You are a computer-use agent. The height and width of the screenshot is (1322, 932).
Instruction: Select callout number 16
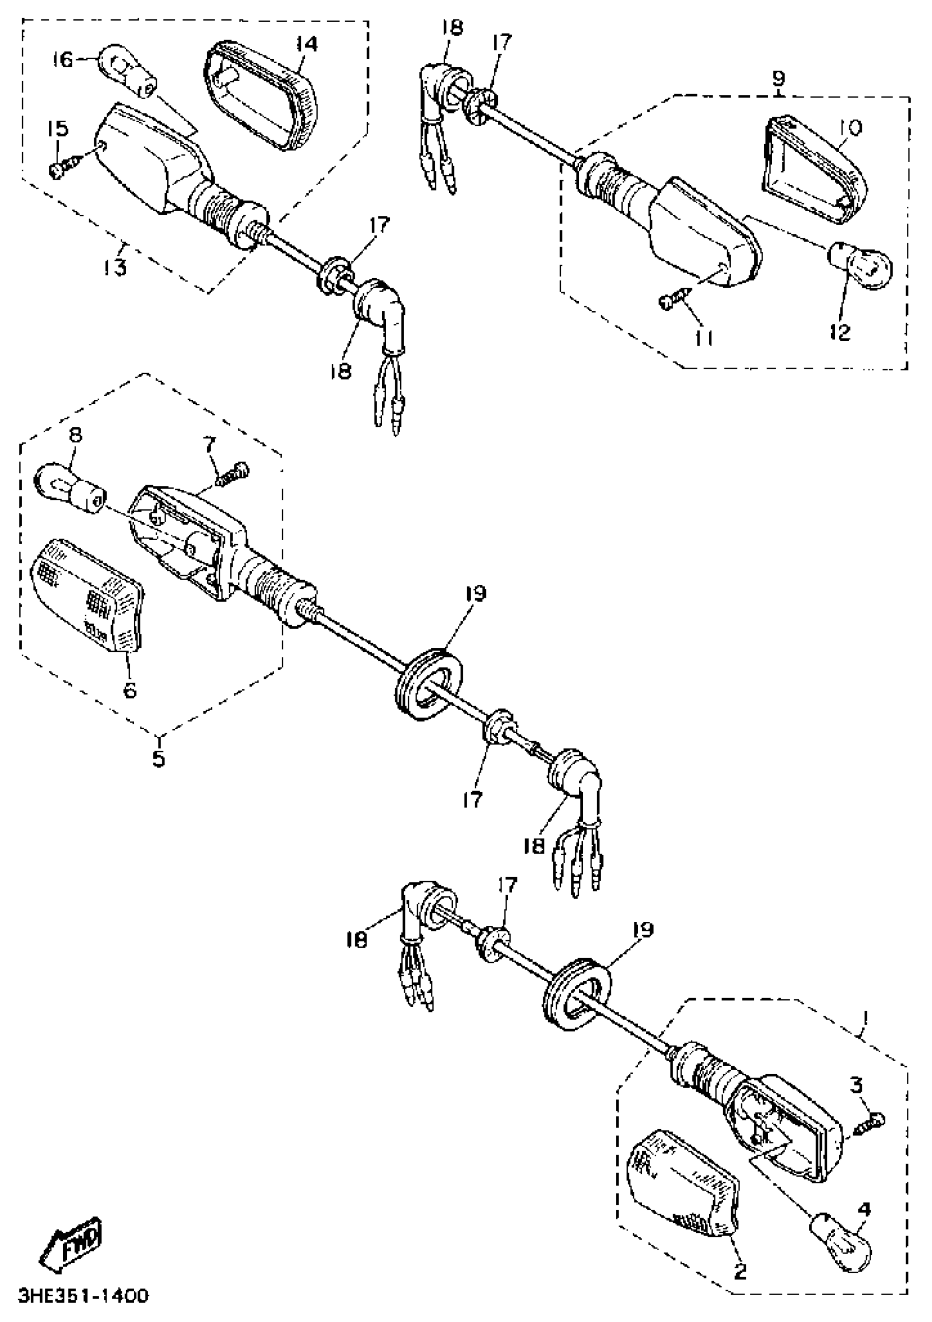click(64, 59)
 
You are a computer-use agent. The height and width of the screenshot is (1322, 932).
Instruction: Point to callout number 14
click(306, 44)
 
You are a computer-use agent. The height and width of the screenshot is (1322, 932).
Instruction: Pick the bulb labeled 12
click(861, 265)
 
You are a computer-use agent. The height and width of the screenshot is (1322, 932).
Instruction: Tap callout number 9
click(777, 77)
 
